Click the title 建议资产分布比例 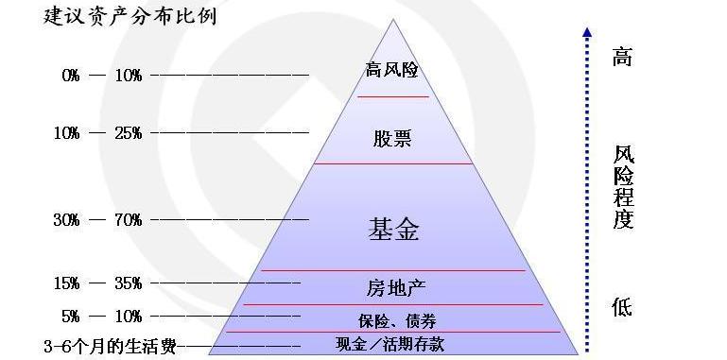[130, 17]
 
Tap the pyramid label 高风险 [391, 70]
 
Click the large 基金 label [393, 229]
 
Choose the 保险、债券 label [397, 320]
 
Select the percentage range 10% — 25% [97, 132]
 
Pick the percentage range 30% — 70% [97, 220]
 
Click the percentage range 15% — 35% [97, 283]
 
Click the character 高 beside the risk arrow [621, 57]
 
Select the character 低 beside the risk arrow [621, 307]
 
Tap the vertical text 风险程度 [623, 187]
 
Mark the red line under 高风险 [393, 96]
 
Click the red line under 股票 [392, 163]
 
